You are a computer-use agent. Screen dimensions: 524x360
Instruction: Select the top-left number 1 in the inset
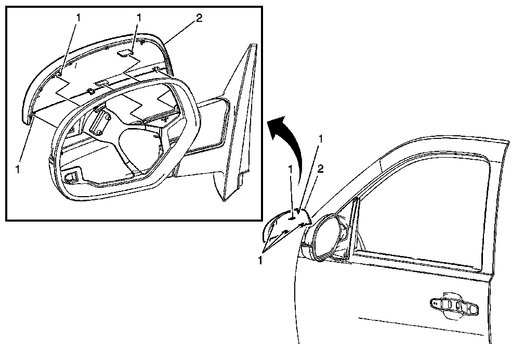coord(78,17)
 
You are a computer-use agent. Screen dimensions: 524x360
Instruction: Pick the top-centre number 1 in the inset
coord(139,17)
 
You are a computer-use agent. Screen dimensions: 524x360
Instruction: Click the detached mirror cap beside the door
coord(283,224)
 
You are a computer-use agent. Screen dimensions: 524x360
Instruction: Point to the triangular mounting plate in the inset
coord(237,125)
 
